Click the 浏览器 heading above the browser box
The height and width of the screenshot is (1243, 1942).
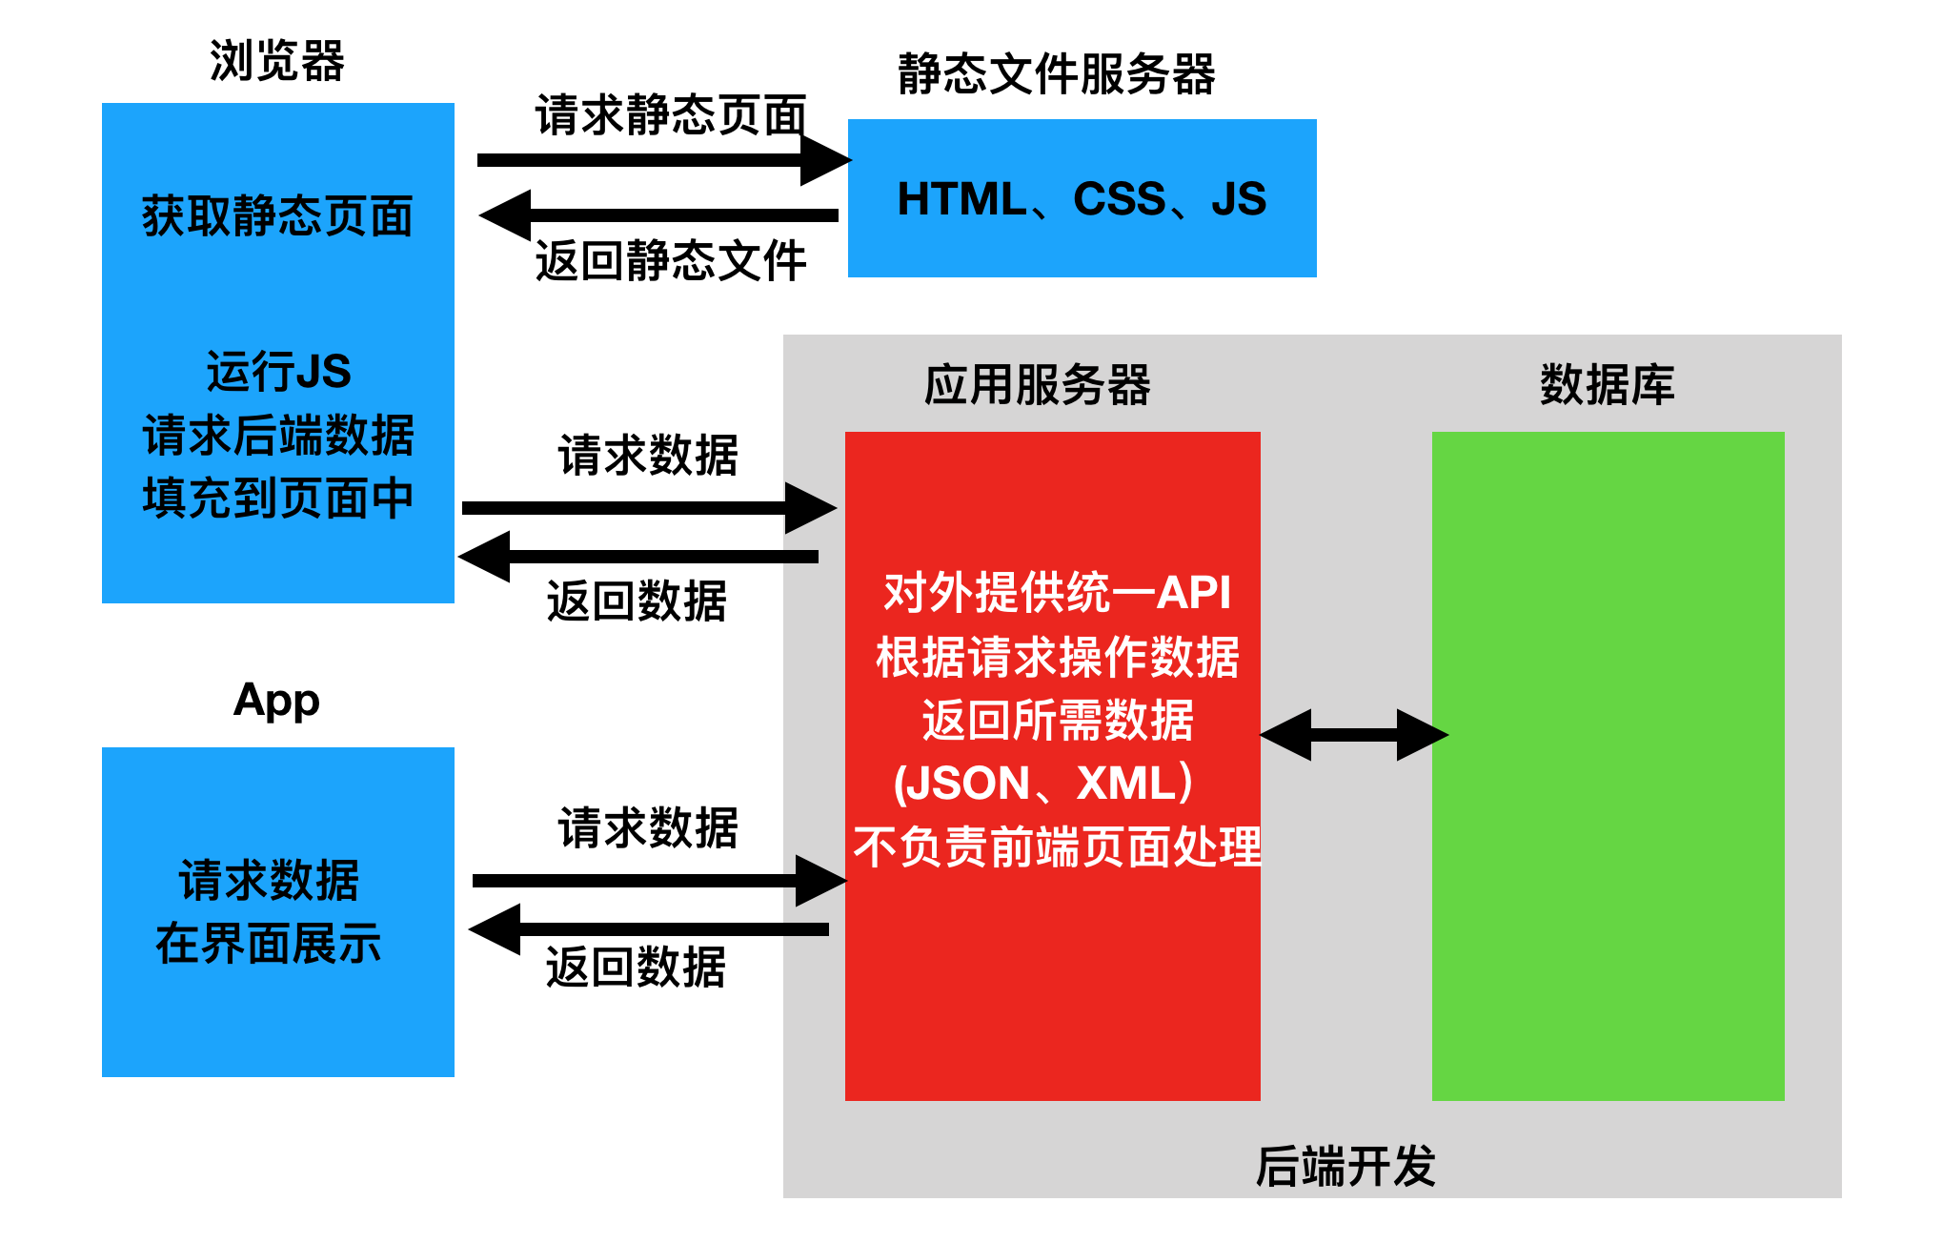[x=276, y=62]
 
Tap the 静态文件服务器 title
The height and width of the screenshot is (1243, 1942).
[x=1056, y=74]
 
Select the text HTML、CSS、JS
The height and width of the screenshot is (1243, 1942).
[x=1082, y=200]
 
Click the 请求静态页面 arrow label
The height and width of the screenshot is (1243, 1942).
[x=671, y=115]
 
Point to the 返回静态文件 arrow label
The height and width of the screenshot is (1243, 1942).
[x=671, y=261]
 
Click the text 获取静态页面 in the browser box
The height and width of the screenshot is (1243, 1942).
[x=277, y=216]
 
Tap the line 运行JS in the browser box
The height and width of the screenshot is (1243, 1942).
[x=278, y=372]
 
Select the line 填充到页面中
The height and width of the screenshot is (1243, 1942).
[x=277, y=499]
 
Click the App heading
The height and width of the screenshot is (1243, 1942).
[x=276, y=701]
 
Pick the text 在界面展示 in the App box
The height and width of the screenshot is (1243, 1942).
[x=269, y=945]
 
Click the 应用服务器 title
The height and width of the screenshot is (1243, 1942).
[x=1037, y=386]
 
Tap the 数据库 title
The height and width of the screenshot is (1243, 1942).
[x=1607, y=386]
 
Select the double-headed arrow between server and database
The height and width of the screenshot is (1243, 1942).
[x=1353, y=735]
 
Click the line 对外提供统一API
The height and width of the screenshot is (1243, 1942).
[x=1056, y=593]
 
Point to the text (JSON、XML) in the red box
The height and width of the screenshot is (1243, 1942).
[x=1044, y=784]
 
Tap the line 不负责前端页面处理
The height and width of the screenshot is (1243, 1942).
[x=1056, y=847]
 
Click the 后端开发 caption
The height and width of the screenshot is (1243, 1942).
[x=1345, y=1167]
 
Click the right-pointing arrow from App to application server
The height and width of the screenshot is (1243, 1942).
[x=657, y=881]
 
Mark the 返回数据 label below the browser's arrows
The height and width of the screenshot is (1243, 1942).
[x=637, y=602]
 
